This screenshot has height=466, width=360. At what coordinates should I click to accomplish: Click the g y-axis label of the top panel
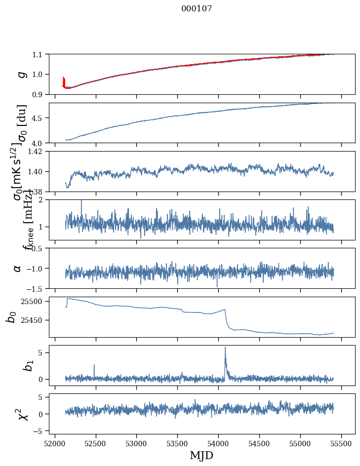click(20, 74)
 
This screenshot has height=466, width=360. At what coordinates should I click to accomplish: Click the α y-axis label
click(18, 268)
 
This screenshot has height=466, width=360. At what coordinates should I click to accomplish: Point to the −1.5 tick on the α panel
click(37, 288)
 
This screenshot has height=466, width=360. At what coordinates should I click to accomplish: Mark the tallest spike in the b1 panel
click(225, 348)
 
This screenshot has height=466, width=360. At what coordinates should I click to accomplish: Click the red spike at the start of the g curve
click(64, 80)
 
